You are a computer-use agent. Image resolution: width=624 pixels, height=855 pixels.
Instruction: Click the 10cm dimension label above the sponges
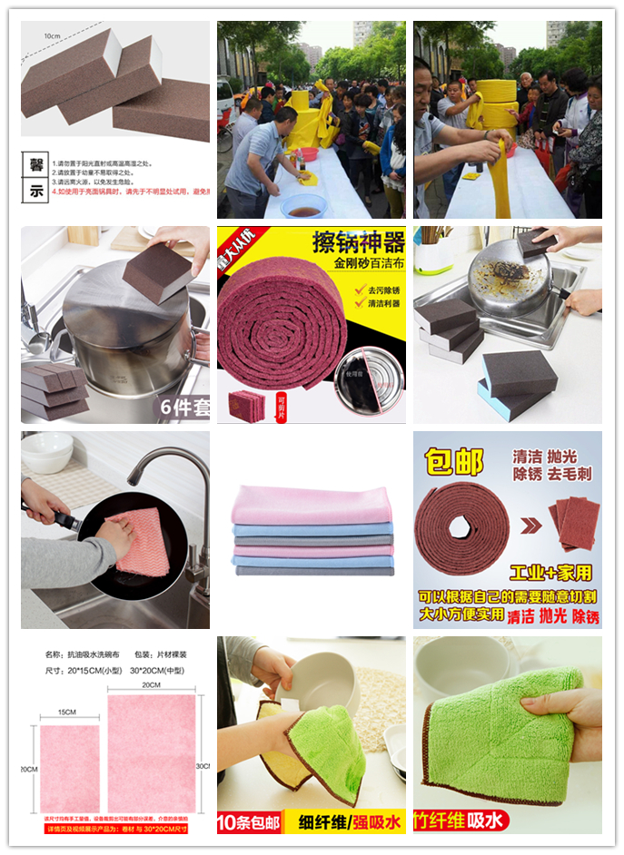(54, 35)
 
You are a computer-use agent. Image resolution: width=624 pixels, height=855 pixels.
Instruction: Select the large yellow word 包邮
(455, 462)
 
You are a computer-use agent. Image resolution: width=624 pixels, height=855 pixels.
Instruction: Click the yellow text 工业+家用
(550, 573)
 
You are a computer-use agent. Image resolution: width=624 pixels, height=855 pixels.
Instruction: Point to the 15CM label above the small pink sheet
(63, 712)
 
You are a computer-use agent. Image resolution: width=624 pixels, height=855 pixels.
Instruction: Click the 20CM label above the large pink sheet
(151, 687)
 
